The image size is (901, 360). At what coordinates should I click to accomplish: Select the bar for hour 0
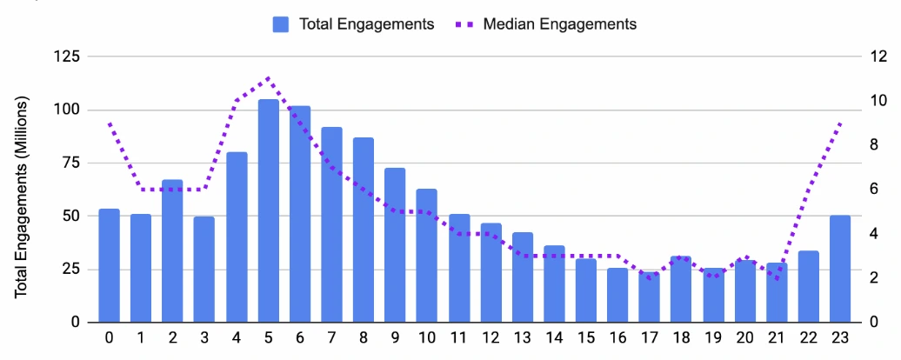click(110, 265)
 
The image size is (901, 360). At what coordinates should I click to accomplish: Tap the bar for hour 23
click(840, 269)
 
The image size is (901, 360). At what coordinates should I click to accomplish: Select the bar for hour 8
click(364, 230)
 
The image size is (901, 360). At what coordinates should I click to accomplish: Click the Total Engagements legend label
click(366, 24)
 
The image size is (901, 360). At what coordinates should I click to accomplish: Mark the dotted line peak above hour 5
click(269, 78)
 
